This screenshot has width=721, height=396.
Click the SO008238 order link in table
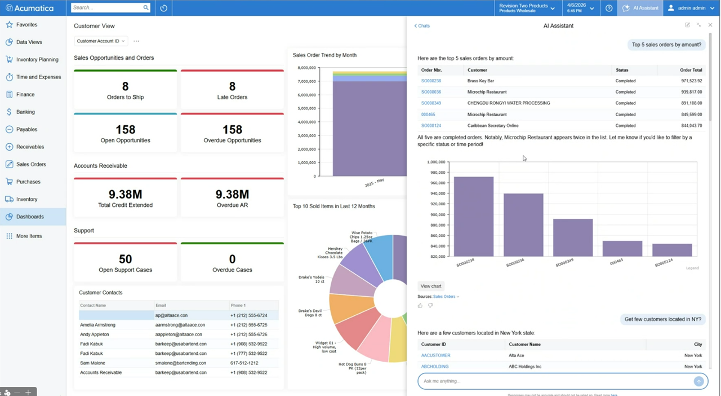tap(431, 81)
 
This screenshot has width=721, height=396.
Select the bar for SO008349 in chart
tap(573, 237)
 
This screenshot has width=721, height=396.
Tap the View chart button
tap(431, 286)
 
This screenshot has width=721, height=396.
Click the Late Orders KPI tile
tap(232, 90)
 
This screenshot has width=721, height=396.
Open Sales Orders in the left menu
tap(31, 164)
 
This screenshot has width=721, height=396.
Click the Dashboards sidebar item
tap(30, 217)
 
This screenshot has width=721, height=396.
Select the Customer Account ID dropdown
tap(101, 41)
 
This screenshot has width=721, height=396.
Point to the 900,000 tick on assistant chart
tap(437, 214)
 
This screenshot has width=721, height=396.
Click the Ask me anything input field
tap(555, 381)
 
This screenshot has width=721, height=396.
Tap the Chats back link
tap(422, 26)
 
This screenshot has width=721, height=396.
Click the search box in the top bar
tap(107, 8)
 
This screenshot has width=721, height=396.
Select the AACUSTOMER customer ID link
tap(435, 355)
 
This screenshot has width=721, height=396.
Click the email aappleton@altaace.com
tap(180, 335)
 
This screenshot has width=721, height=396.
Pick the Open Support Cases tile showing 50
tap(125, 262)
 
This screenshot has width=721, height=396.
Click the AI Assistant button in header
tap(640, 8)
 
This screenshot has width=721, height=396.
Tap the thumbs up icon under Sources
tap(420, 306)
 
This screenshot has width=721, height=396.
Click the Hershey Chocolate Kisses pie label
tap(330, 252)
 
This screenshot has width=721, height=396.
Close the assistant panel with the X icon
tap(710, 25)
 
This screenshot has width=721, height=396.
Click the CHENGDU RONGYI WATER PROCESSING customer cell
tap(508, 103)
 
